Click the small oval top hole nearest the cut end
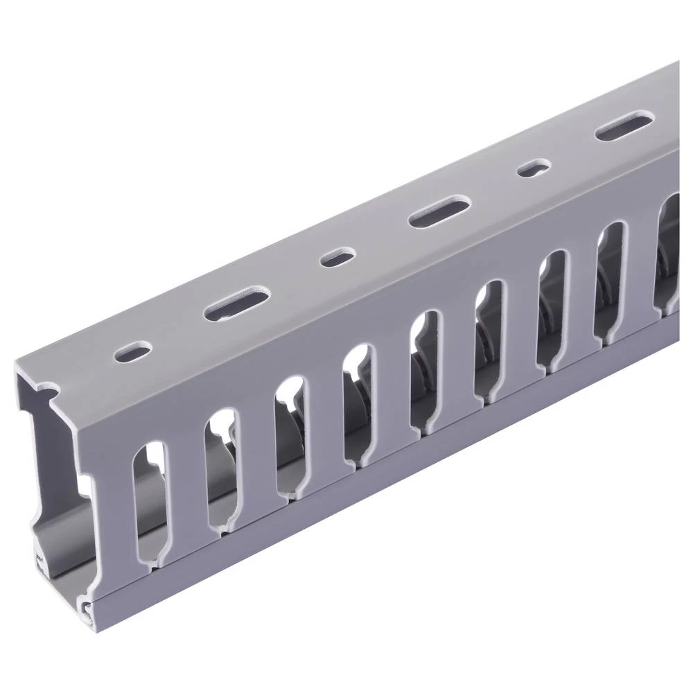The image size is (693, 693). pyautogui.click(x=134, y=349)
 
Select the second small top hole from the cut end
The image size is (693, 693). pyautogui.click(x=337, y=258)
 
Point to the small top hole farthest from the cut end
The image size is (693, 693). pyautogui.click(x=535, y=168)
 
